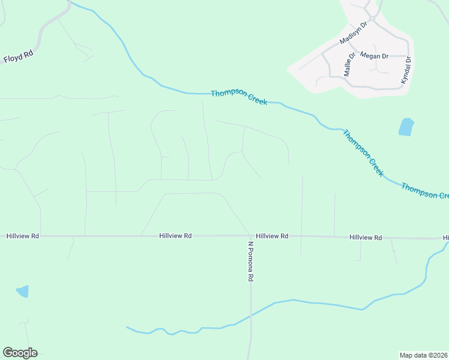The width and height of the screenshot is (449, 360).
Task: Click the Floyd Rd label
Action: [18, 58]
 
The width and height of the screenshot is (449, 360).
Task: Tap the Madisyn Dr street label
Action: [352, 37]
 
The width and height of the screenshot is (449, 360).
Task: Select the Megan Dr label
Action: [374, 56]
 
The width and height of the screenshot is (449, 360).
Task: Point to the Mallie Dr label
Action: [349, 64]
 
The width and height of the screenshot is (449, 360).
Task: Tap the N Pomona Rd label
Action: [252, 262]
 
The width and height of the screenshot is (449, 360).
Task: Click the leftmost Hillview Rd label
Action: [23, 236]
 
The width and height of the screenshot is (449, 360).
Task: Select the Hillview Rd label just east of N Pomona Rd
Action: [272, 236]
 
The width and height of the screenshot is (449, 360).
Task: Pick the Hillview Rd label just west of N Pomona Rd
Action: [175, 236]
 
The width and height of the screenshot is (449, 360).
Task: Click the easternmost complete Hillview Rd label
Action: [366, 238]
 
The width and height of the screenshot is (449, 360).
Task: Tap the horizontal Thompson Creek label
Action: [239, 97]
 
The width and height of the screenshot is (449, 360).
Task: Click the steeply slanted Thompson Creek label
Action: [363, 152]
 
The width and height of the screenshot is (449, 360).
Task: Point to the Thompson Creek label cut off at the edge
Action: [425, 191]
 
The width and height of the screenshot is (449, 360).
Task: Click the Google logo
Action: [20, 353]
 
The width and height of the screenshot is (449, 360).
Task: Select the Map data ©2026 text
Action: [423, 355]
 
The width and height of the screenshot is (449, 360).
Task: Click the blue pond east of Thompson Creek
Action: [406, 127]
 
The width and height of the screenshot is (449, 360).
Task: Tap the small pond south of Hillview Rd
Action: [22, 292]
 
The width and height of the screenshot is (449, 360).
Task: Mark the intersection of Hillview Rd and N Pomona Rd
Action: [250, 236]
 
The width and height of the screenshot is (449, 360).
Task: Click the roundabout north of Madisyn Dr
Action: [373, 19]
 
